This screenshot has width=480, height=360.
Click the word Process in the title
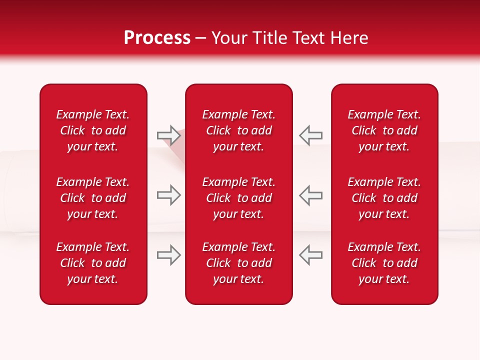click(x=157, y=38)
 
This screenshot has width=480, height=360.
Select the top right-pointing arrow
click(x=168, y=135)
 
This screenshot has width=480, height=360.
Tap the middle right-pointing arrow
click(x=168, y=195)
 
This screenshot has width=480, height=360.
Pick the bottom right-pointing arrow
click(x=168, y=255)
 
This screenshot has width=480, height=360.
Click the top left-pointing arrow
click(x=310, y=135)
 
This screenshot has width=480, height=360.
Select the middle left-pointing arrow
click(x=310, y=195)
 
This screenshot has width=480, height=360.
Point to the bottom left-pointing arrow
click(x=310, y=255)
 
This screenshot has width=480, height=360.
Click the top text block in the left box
click(x=93, y=130)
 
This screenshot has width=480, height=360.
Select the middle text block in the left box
click(x=93, y=198)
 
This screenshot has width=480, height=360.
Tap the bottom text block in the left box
click(x=93, y=263)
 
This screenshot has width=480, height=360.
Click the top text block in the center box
click(x=239, y=130)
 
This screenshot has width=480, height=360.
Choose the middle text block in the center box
click(x=239, y=198)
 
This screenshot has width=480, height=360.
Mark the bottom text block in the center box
click(x=239, y=263)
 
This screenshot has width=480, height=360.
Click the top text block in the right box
click(x=384, y=130)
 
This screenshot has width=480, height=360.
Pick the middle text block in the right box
click(x=384, y=198)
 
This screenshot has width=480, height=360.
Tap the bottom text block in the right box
click(x=384, y=263)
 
